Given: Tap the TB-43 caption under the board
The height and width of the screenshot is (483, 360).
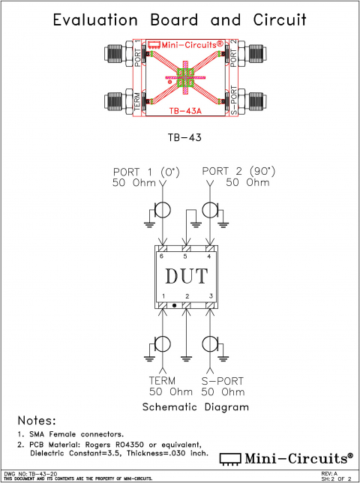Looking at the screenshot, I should coord(180,138).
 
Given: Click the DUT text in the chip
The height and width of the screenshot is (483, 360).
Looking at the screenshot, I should coord(185,277).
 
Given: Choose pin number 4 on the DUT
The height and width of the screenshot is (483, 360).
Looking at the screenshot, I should coord(208,257).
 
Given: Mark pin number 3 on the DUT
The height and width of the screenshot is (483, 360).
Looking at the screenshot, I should coord(211,297).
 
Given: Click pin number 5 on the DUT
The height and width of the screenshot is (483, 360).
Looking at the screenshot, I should coord(184,257).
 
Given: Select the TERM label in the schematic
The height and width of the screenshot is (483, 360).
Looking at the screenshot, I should coord(162,380).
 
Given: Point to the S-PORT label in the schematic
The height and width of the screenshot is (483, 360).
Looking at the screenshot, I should coord(223,380).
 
